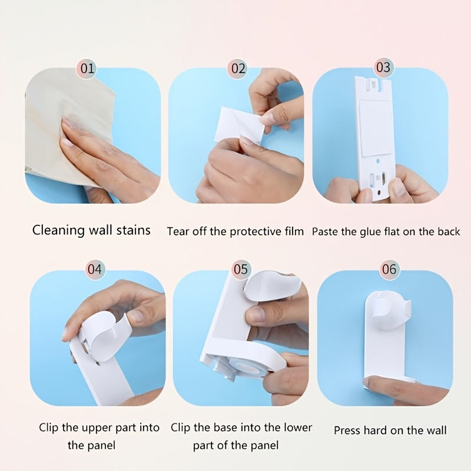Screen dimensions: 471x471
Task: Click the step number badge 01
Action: click(x=87, y=69)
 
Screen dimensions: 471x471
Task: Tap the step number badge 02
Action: click(x=238, y=69)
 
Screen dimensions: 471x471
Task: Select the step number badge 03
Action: click(x=383, y=68)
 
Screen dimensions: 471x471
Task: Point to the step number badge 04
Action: click(x=95, y=269)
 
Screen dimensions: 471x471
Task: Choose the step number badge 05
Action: click(x=241, y=269)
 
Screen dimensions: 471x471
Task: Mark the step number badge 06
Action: click(x=389, y=269)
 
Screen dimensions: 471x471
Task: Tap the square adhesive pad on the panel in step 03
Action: click(x=375, y=128)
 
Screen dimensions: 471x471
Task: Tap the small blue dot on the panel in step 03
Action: click(x=378, y=161)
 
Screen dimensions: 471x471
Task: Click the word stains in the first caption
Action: click(x=134, y=231)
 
